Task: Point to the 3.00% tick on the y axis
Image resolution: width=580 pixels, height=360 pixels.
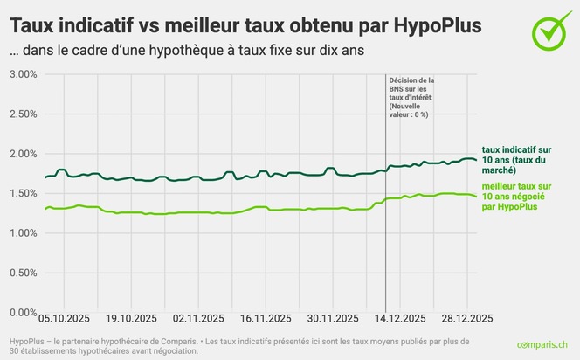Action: pyautogui.click(x=22, y=74)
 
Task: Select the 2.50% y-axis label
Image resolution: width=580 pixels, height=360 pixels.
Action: pyautogui.click(x=22, y=114)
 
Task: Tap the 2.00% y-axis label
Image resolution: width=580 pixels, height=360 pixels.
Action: pyautogui.click(x=22, y=154)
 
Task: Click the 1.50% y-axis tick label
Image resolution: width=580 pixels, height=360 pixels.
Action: pyautogui.click(x=22, y=194)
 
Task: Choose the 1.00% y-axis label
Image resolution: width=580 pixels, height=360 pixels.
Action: pyautogui.click(x=22, y=233)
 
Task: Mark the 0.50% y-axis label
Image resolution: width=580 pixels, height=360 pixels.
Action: pyautogui.click(x=22, y=273)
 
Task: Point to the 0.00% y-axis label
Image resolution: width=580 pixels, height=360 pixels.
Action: pyautogui.click(x=22, y=312)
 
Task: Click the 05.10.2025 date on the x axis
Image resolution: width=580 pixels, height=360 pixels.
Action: pyautogui.click(x=63, y=318)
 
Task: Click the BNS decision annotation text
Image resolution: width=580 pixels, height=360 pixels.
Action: pyautogui.click(x=411, y=96)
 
